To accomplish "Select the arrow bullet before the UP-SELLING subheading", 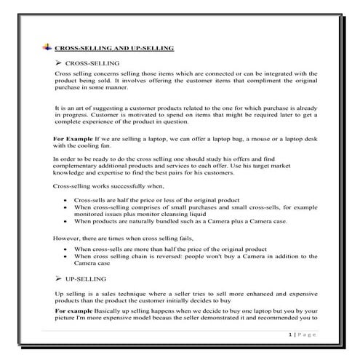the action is click(x=58, y=279).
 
